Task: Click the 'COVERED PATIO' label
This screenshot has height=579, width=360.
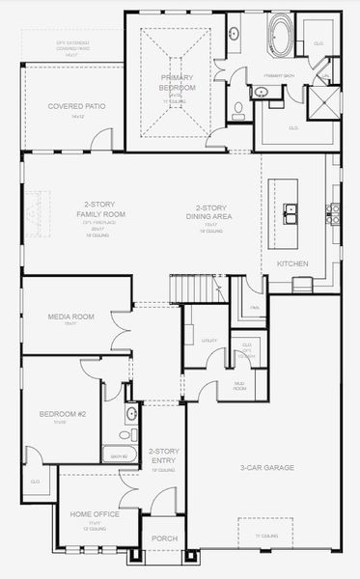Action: (76, 105)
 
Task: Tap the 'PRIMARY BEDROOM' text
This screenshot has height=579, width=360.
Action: (177, 83)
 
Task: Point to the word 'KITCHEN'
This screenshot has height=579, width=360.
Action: (292, 262)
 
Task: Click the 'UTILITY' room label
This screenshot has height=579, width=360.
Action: (209, 341)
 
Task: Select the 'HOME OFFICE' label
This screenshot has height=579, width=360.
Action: (95, 514)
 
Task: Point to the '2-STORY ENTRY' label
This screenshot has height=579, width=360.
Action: (162, 455)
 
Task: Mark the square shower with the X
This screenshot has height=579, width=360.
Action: (324, 101)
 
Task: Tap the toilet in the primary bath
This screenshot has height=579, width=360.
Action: (238, 107)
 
